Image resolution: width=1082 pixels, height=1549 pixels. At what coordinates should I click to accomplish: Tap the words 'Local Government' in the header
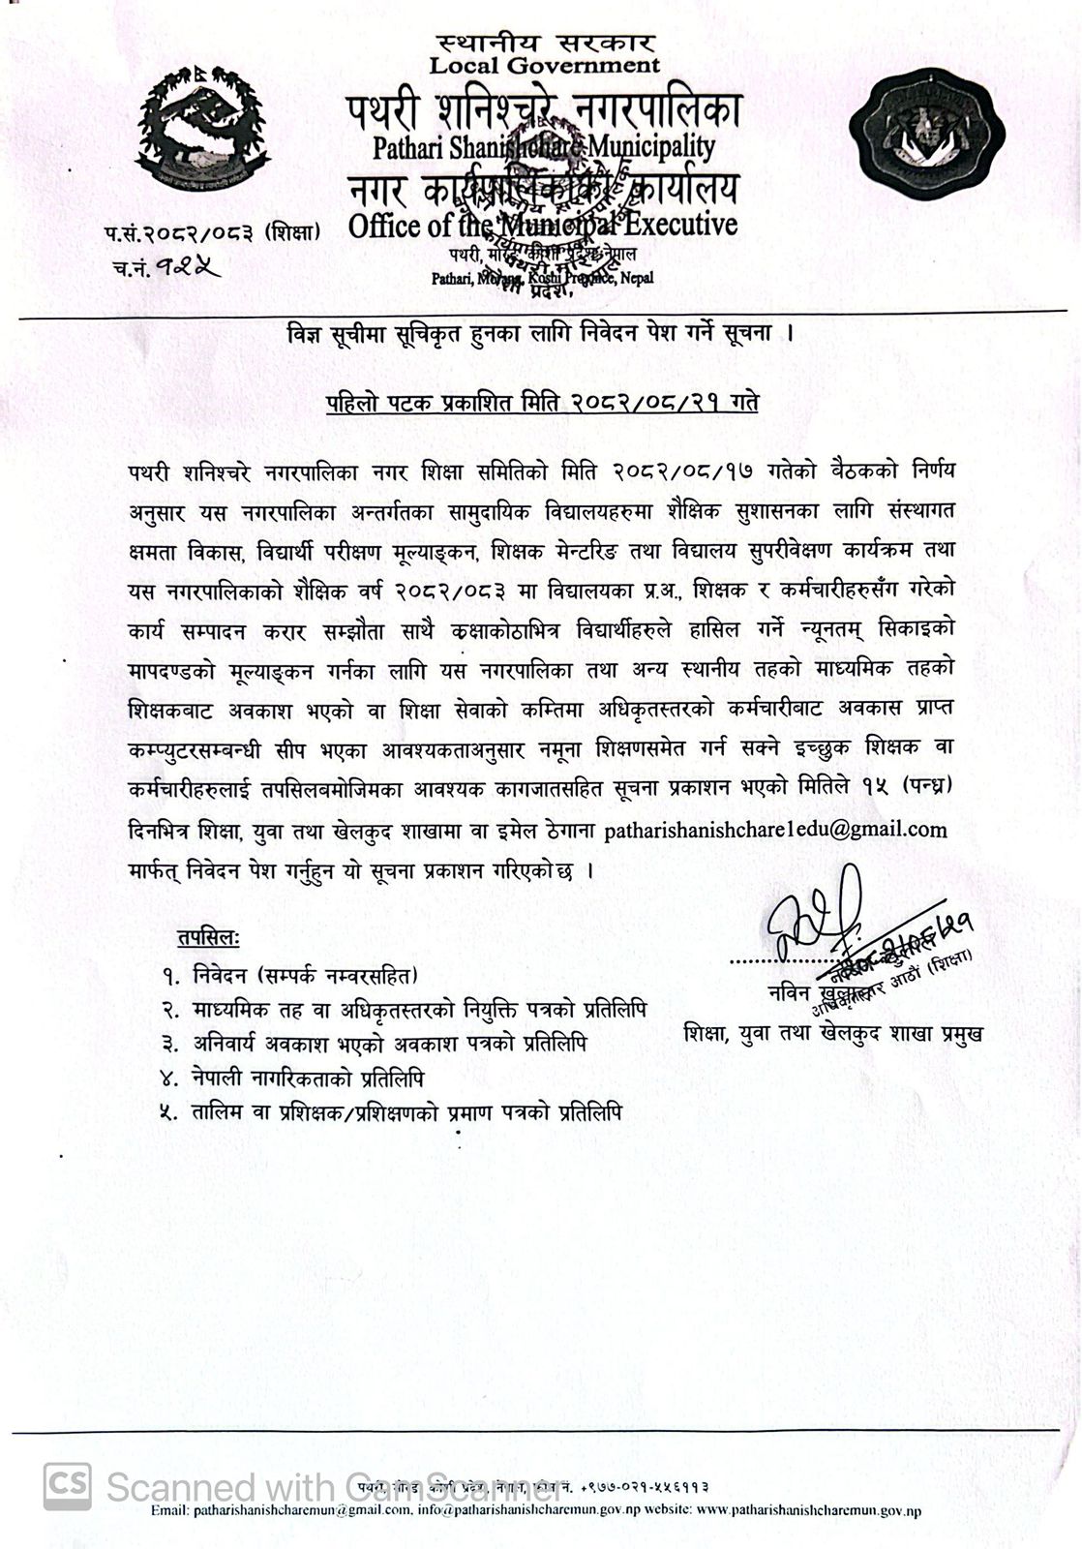[x=544, y=66]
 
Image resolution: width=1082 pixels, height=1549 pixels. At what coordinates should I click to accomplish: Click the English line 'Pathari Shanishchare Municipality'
[x=544, y=148]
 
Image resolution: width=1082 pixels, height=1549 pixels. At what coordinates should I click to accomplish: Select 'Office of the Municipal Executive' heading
[x=542, y=226]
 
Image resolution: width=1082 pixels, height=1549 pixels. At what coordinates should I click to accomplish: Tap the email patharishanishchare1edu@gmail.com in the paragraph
[x=775, y=830]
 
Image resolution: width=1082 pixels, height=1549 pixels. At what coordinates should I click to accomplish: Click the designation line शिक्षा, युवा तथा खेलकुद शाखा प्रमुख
[x=832, y=1032]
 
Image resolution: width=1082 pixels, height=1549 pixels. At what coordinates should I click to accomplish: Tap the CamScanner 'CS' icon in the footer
[x=68, y=1485]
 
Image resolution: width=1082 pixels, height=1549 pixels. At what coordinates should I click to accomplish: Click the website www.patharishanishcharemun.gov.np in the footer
[x=808, y=1510]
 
